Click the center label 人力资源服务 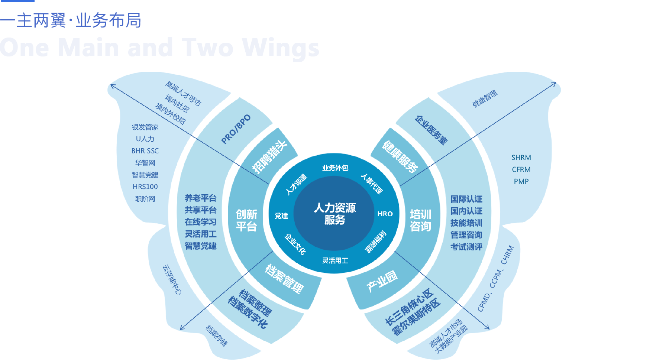pyautogui.click(x=334, y=214)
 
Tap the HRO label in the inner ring pyautogui.click(x=385, y=214)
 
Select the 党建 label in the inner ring pyautogui.click(x=281, y=216)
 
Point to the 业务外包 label pyautogui.click(x=335, y=168)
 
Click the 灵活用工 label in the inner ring pyautogui.click(x=335, y=260)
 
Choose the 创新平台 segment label pyautogui.click(x=246, y=220)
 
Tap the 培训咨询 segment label pyautogui.click(x=420, y=220)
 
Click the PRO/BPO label pyautogui.click(x=236, y=129)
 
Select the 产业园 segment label pyautogui.click(x=382, y=281)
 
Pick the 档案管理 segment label pyautogui.click(x=284, y=279)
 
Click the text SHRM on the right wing pyautogui.click(x=521, y=158)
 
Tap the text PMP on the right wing pyautogui.click(x=521, y=181)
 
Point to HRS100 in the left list pyautogui.click(x=145, y=187)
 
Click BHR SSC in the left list pyautogui.click(x=145, y=151)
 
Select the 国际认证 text pyautogui.click(x=466, y=199)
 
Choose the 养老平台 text pyautogui.click(x=200, y=198)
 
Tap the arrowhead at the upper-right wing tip pyautogui.click(x=554, y=84)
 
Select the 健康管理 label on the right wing pyautogui.click(x=485, y=98)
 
